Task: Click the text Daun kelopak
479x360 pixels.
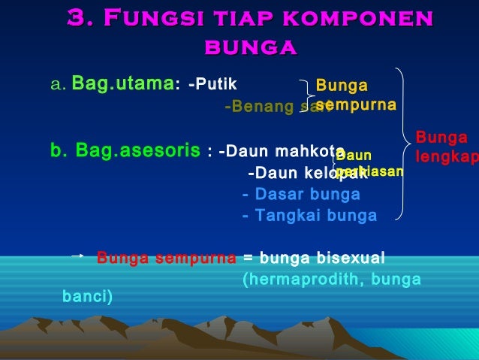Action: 300,174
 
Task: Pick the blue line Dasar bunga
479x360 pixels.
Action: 301,195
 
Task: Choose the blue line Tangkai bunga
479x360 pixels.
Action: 309,216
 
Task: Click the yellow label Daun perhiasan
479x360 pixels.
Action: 368,164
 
